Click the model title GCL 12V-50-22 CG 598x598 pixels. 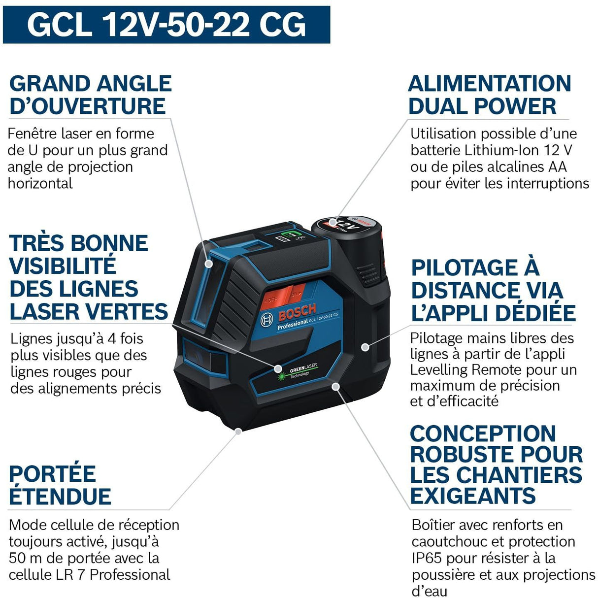pos(166,25)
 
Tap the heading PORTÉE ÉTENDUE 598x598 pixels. pos(60,485)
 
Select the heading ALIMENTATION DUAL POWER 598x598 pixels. pos(489,95)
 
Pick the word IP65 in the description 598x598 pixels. pos(428,558)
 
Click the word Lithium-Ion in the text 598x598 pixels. pos(504,150)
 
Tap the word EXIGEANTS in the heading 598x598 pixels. pos(472,496)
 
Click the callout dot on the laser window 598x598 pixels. pos(209,264)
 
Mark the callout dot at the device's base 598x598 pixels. pos(238,431)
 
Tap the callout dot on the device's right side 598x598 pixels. pos(365,347)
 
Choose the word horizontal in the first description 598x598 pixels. pos(40,183)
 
